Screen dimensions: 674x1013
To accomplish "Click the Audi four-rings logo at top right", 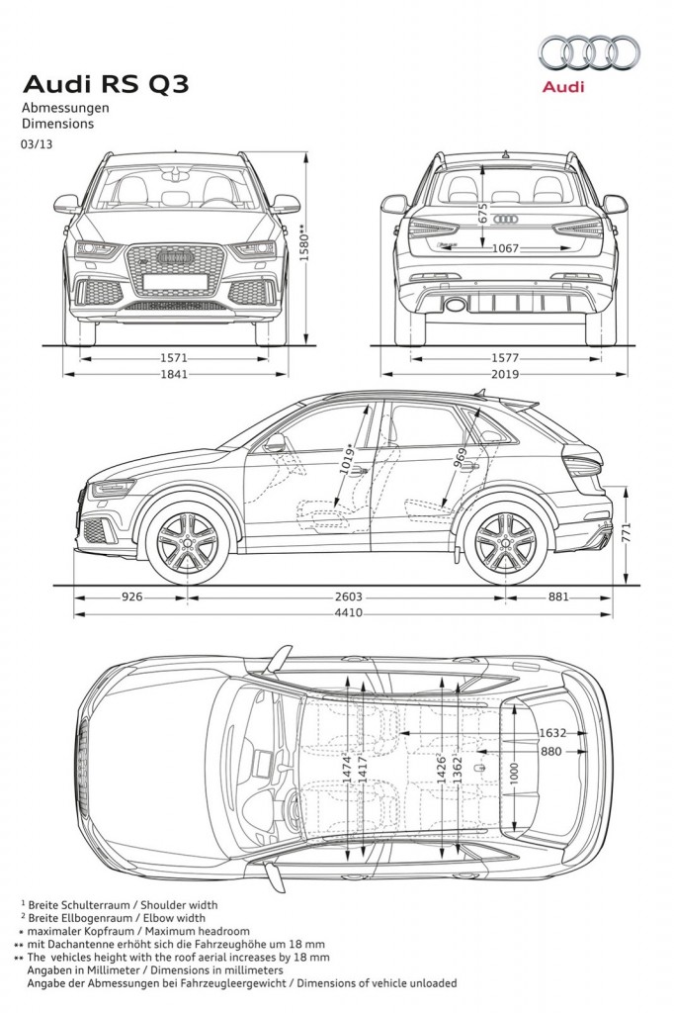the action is point(589,52).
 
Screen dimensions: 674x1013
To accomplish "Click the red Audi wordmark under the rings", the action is point(563,87).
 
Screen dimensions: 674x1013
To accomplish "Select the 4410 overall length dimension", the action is point(348,612).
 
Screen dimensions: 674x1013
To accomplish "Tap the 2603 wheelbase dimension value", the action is point(348,597).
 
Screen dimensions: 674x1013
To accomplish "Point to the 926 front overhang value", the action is point(131,597).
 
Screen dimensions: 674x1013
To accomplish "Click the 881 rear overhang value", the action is point(558,597).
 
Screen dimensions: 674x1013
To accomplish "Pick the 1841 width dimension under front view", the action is point(174,373).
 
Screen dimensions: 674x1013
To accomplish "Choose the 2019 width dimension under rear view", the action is point(505,373).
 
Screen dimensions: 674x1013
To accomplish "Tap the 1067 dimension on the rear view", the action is point(506,248).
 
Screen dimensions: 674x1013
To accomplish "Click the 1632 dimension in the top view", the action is point(552,733).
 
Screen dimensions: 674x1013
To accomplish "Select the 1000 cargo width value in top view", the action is point(514,775).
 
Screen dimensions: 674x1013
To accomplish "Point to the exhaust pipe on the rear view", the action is point(457,303).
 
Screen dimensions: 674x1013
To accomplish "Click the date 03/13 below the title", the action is point(37,144).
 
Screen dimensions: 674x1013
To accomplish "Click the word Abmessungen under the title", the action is point(65,108).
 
